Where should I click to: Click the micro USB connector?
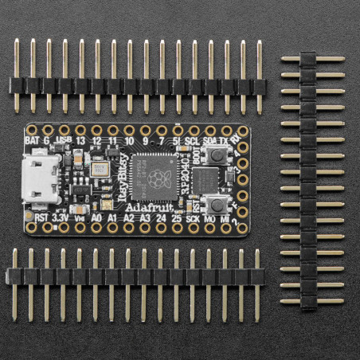pos(41,179)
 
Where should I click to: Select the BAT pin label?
pos(32,139)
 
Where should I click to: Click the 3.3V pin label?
pos(61,216)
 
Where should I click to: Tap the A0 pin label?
pos(96,216)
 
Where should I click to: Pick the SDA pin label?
pos(209,139)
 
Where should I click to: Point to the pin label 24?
pos(160,216)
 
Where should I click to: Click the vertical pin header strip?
pos(308,181)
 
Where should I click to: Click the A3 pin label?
pos(144,216)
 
